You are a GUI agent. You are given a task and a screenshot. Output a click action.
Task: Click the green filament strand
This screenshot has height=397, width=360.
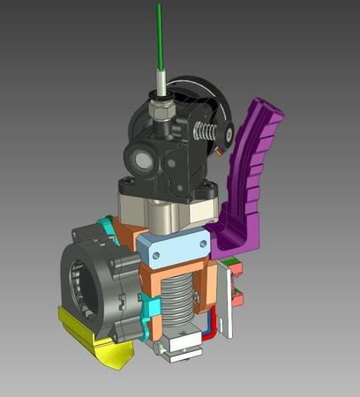pos(160,35)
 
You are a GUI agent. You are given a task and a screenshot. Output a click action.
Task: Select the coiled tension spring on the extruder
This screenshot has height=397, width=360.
pos(206,132)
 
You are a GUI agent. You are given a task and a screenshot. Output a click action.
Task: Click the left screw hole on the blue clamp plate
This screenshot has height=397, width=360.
pos(155,255)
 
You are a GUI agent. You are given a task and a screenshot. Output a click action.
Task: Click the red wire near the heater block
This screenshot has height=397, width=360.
pos(209,331)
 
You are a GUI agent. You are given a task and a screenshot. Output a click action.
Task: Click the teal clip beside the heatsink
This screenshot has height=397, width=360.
pos(150,306)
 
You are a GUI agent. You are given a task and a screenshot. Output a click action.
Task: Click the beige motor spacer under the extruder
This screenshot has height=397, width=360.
pos(168,210)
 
